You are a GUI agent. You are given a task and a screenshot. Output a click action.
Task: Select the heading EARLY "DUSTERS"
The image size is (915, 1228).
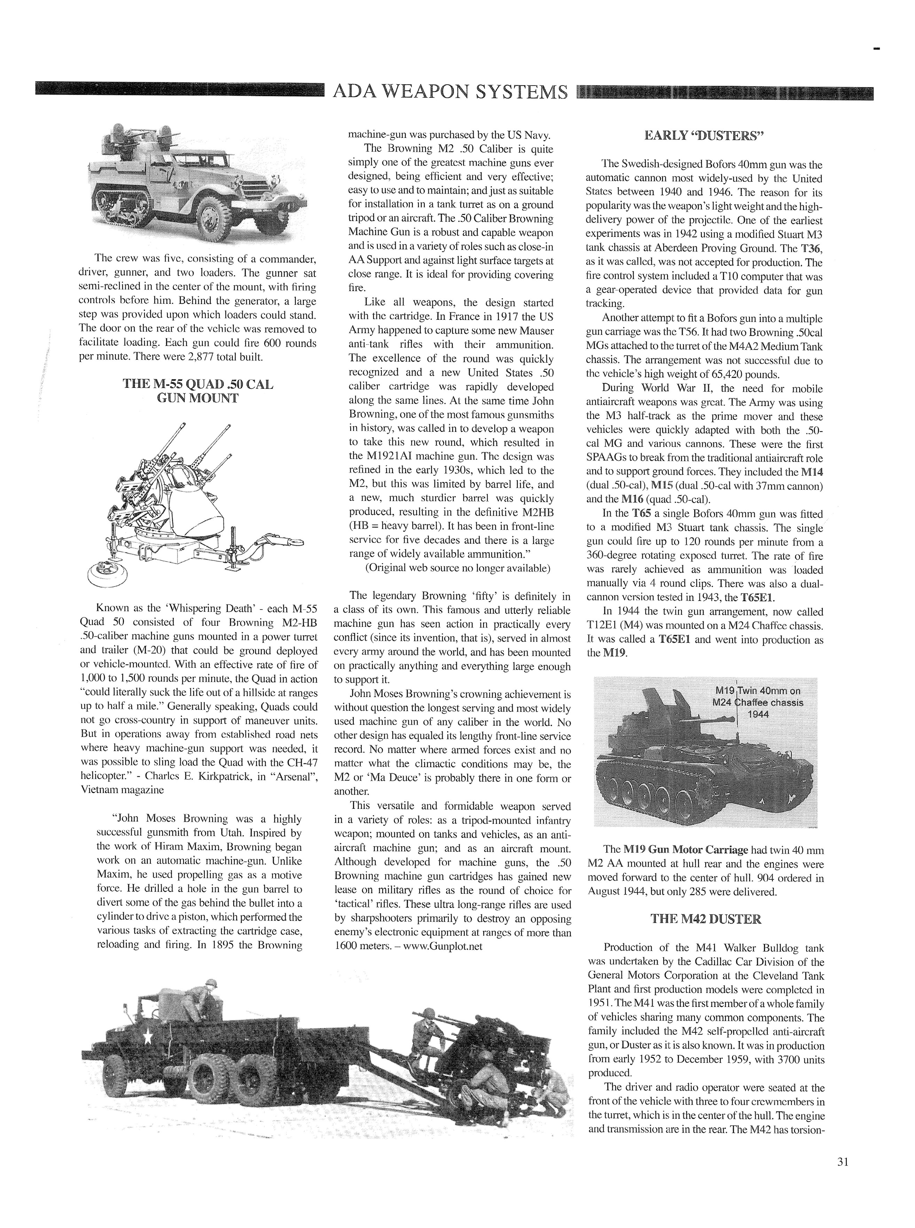pyautogui.click(x=704, y=136)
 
